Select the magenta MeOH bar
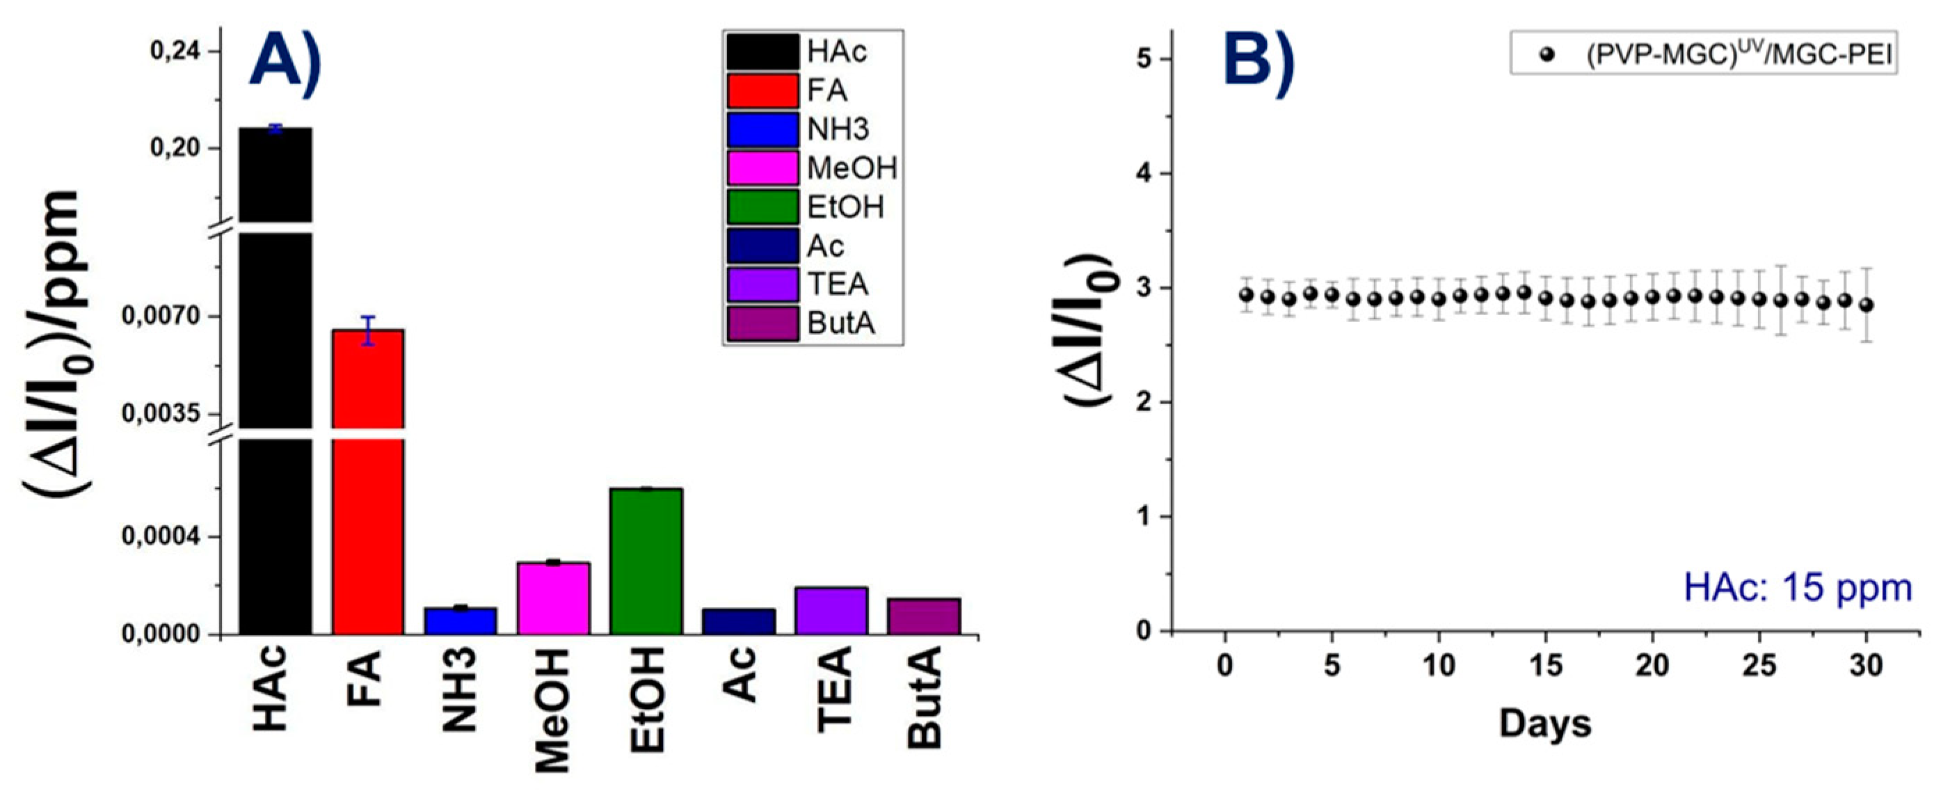click(553, 598)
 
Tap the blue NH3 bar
click(461, 621)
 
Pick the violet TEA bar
click(831, 610)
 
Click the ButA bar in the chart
click(924, 616)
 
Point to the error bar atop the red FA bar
click(368, 330)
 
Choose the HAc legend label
click(836, 52)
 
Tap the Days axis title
click(1545, 723)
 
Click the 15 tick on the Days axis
click(1545, 666)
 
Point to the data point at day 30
click(1867, 305)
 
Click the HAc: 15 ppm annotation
click(1797, 588)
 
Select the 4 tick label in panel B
click(1144, 173)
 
